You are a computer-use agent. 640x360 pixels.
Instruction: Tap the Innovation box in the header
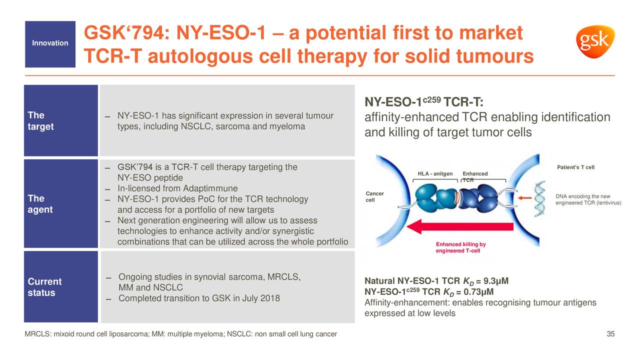[x=50, y=43]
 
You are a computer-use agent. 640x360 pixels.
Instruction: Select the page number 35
[x=610, y=334]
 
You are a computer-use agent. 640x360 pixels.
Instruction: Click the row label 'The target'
[x=40, y=121]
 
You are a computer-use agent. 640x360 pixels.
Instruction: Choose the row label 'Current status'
[x=44, y=287]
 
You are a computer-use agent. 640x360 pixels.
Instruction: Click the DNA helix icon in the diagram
[x=541, y=198]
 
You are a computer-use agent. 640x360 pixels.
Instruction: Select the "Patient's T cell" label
[x=575, y=167]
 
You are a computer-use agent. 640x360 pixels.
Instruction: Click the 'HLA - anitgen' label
[x=435, y=174]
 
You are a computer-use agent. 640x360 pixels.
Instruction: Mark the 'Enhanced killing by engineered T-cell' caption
[x=460, y=247]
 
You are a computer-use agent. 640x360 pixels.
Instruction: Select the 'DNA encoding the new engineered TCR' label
[x=588, y=199]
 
